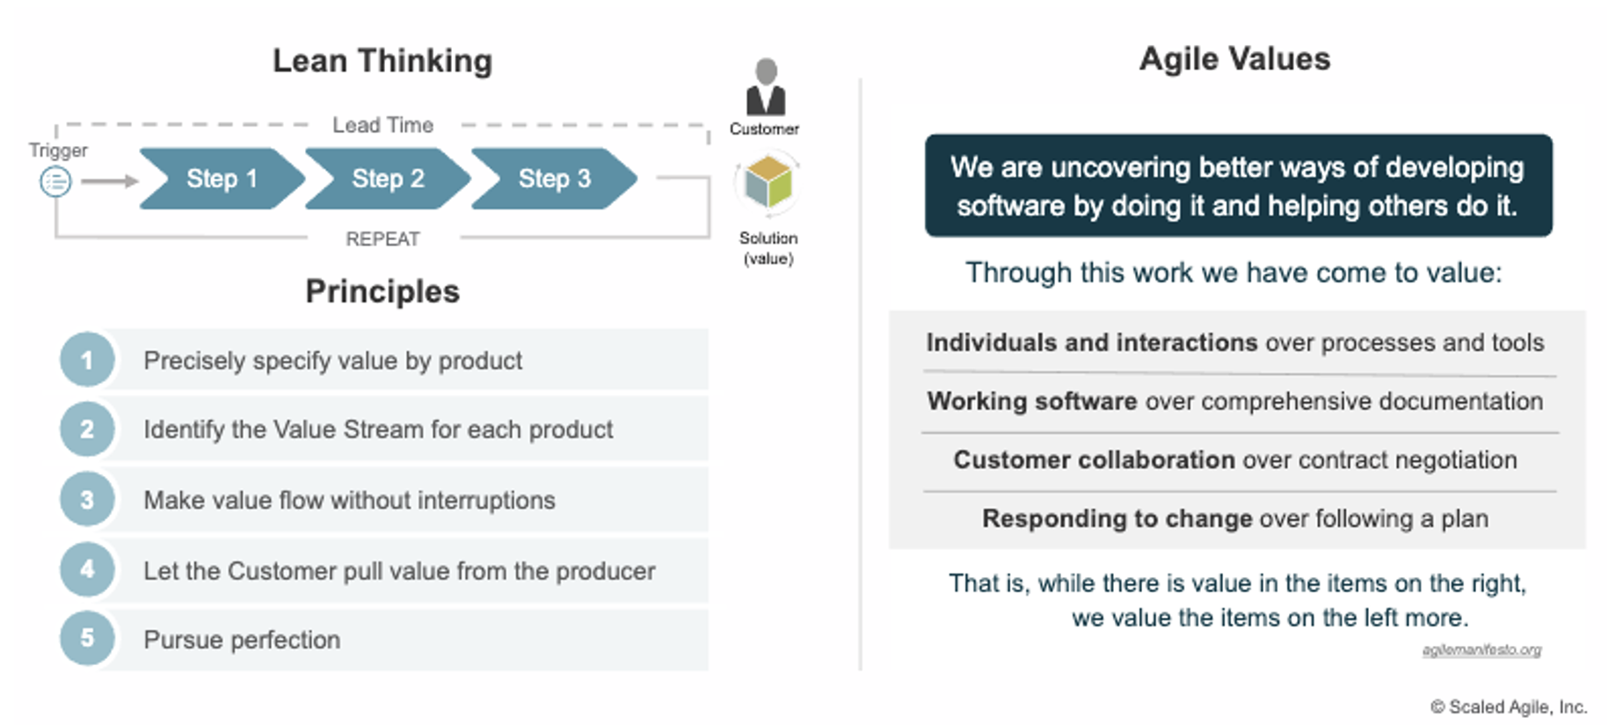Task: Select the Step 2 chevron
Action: (x=388, y=179)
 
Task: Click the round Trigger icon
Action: (x=55, y=182)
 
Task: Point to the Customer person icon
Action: (x=766, y=86)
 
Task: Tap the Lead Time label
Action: (x=382, y=125)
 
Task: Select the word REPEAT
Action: (x=382, y=238)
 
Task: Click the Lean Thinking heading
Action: (x=382, y=61)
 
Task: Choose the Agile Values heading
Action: (x=1234, y=59)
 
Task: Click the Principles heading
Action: (x=382, y=291)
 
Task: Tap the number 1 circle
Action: (x=87, y=360)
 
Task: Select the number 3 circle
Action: (x=87, y=500)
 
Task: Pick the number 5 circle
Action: (x=87, y=638)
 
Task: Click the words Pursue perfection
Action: (x=242, y=640)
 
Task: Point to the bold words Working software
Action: (x=1032, y=401)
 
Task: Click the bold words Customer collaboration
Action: (x=1095, y=459)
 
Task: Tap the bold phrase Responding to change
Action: (x=1118, y=518)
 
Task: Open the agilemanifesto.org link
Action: (x=1482, y=649)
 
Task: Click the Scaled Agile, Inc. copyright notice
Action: (x=1509, y=707)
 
